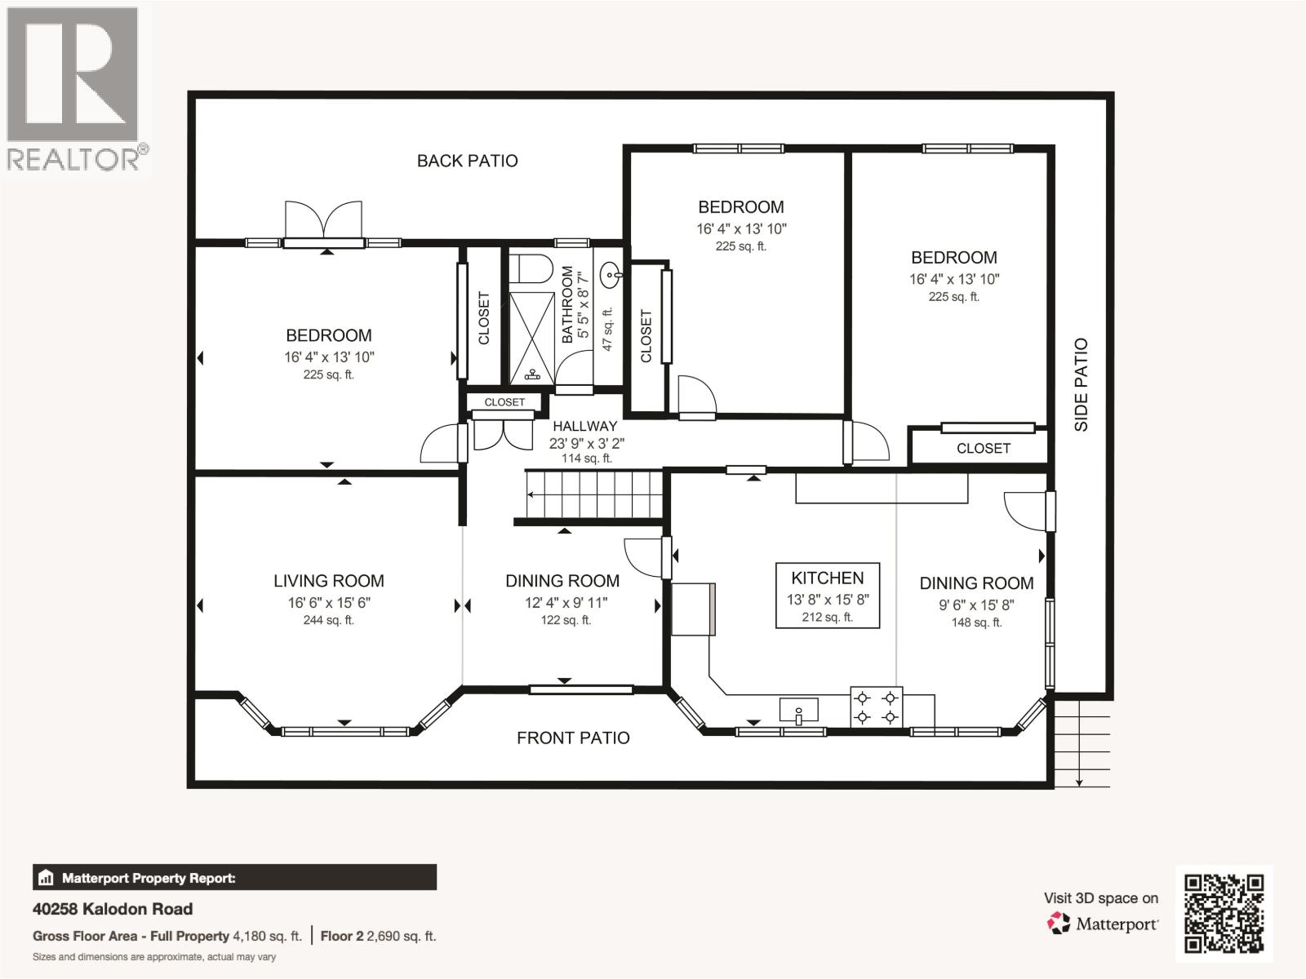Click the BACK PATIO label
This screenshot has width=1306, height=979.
(467, 161)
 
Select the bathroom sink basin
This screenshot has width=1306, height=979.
(611, 275)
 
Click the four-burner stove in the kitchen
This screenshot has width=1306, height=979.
(877, 707)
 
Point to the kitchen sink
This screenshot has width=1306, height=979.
(798, 711)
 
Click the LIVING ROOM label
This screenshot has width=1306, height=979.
(328, 581)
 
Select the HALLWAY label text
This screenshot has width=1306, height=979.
(585, 426)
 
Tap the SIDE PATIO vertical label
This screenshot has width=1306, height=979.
(1081, 384)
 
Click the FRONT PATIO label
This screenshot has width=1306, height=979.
(573, 738)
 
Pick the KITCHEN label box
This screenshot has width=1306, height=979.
(828, 595)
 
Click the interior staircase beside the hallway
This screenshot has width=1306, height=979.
(593, 494)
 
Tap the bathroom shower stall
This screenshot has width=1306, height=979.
(532, 338)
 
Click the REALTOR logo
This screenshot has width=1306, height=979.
(73, 89)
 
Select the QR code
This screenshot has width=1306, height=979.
(1224, 914)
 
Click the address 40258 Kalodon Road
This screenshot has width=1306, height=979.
(113, 909)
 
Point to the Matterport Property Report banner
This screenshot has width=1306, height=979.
(234, 877)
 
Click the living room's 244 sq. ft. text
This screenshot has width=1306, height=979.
(328, 620)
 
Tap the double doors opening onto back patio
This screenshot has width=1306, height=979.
(324, 223)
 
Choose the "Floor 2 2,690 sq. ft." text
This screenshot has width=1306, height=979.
(379, 937)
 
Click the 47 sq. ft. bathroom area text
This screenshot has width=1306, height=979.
(607, 330)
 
